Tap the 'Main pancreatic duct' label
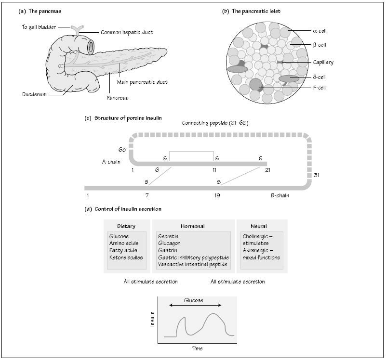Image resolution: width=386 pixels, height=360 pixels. (x=142, y=82)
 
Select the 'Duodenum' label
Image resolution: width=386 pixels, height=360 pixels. (x=34, y=94)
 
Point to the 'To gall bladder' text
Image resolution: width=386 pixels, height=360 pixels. (x=40, y=27)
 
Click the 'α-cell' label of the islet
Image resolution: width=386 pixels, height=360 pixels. (x=320, y=30)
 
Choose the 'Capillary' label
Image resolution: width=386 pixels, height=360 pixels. (x=322, y=62)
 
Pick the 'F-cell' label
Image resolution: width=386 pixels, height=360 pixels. (x=319, y=89)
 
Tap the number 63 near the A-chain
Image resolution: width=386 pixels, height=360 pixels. (x=122, y=150)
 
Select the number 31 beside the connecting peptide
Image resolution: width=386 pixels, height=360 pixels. (x=317, y=175)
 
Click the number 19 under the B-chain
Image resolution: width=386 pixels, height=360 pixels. (x=217, y=196)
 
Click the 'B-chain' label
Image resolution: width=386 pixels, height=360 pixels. (x=280, y=196)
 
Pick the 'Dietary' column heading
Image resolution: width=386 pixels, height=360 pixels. (x=126, y=226)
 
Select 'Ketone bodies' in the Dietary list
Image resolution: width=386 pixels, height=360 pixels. (x=126, y=257)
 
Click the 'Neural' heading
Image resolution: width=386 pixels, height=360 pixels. (x=258, y=226)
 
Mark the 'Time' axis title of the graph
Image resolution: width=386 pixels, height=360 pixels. (x=198, y=347)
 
